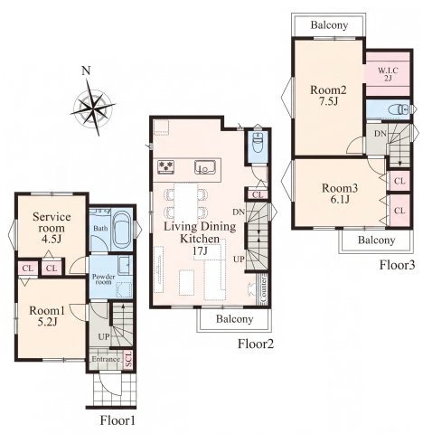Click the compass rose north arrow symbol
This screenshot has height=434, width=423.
tap(93, 106)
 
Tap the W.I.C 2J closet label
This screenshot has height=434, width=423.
tap(388, 74)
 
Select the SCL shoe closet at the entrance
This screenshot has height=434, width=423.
tap(128, 359)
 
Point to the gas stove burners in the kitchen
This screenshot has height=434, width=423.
tap(166, 166)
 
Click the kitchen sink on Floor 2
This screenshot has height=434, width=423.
tap(205, 167)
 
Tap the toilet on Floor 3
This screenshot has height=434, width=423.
tap(399, 109)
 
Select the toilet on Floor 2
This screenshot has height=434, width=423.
tap(258, 141)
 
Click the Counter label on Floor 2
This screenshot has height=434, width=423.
tap(263, 288)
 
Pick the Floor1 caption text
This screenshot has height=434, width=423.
tap(117, 420)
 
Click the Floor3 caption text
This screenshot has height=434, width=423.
tap(397, 265)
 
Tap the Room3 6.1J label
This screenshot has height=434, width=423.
tap(340, 193)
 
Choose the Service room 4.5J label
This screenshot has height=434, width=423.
tap(52, 228)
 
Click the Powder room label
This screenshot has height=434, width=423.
tap(103, 279)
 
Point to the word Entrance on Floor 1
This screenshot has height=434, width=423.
tap(106, 359)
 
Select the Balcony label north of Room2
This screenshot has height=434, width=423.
tap(329, 25)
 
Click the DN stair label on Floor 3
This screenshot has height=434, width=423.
tap(381, 134)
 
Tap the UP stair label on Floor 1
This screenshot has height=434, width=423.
tap(104, 336)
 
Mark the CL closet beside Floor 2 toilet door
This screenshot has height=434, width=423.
tap(258, 194)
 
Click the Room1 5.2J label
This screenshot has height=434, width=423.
tap(47, 316)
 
